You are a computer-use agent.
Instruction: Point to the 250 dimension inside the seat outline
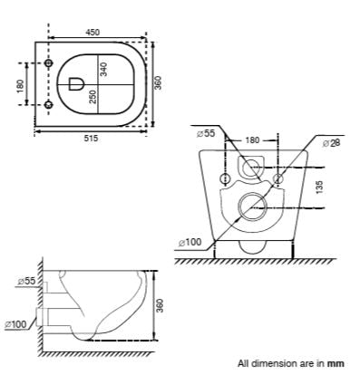point(93,97)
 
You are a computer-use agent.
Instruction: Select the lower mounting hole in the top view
point(49,105)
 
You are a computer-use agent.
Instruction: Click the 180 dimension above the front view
point(254,140)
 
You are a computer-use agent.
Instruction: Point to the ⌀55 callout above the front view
point(207,133)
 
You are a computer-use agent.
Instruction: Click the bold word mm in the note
point(336,363)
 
